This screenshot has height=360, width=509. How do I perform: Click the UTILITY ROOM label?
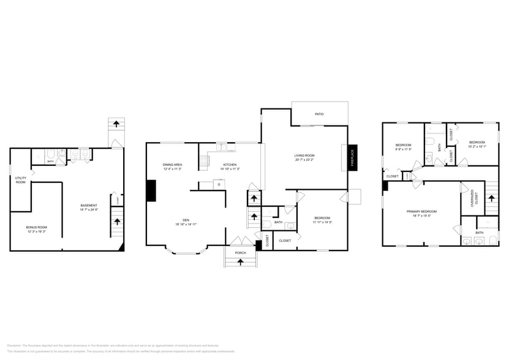(20, 180)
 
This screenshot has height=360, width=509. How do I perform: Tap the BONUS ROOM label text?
(37, 227)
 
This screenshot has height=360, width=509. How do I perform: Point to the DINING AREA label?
(172, 165)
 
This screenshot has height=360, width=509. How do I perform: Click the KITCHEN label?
(230, 165)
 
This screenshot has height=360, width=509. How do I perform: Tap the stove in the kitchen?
(204, 162)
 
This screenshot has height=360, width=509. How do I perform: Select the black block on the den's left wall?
(151, 190)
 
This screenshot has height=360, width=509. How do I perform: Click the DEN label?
(186, 220)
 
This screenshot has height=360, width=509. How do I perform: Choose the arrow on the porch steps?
(240, 261)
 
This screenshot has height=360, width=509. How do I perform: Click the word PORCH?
(240, 252)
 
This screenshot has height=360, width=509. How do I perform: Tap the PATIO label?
(319, 114)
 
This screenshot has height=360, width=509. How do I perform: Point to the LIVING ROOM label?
(304, 155)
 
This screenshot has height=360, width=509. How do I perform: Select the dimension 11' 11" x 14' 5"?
(322, 222)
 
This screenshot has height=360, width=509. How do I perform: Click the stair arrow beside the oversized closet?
(491, 198)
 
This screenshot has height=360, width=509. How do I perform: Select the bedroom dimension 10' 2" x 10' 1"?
(477, 146)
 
